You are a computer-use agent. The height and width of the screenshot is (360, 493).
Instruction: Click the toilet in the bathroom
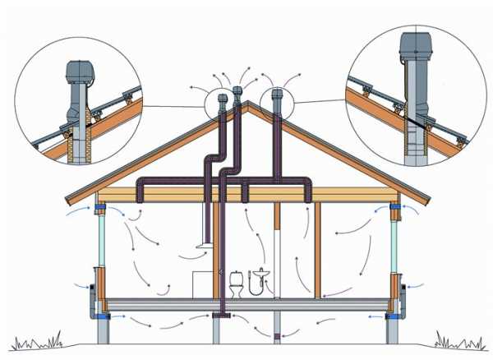tap(237, 284)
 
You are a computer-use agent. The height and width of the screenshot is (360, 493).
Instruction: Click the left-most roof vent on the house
tap(222, 100)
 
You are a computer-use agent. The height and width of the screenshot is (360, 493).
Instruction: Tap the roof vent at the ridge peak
tap(237, 91)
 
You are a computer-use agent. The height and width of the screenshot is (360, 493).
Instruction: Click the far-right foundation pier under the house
tap(391, 330)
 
